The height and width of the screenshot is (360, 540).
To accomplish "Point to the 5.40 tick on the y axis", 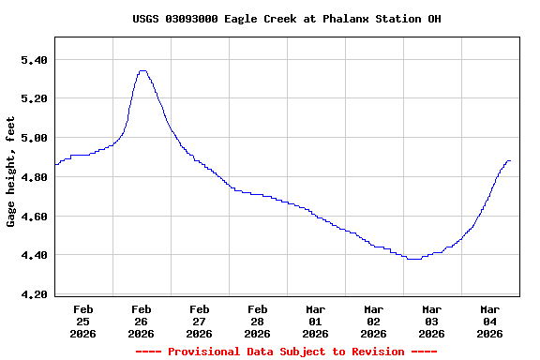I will pos(34,59).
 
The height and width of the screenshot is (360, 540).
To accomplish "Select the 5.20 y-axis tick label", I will pos(34,98).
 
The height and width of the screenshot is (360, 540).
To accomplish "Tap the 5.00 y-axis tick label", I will pos(34,138).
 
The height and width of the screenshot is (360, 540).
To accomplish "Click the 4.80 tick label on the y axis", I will pos(34,176).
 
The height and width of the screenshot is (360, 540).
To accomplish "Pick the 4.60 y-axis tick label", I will pos(34,216).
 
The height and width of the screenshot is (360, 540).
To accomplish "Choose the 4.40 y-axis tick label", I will pos(34,255).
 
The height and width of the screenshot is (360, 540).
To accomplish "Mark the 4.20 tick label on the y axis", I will pos(34,293).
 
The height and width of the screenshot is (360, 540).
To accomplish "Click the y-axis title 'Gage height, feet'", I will pos(11,172).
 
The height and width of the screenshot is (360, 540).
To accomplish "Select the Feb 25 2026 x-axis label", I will pos(82,321).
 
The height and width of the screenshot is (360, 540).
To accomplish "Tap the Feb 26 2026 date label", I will pos(141,321).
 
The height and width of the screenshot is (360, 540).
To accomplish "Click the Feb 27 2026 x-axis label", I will pos(199,321).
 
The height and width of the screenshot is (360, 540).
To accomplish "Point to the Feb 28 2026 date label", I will pos(257,321).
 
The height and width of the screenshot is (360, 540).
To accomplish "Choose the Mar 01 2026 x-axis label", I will pos(315,321).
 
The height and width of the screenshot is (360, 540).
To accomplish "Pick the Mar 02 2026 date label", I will pos(373,321).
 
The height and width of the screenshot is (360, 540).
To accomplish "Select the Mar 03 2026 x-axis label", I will pos(431,321).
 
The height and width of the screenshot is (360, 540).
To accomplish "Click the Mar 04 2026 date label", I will pos(489,321).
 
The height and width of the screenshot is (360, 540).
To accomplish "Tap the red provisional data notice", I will pos(286,352).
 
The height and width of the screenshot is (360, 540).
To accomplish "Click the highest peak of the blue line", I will pos(142,70).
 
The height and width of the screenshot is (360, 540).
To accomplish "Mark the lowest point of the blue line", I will pos(413,259).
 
